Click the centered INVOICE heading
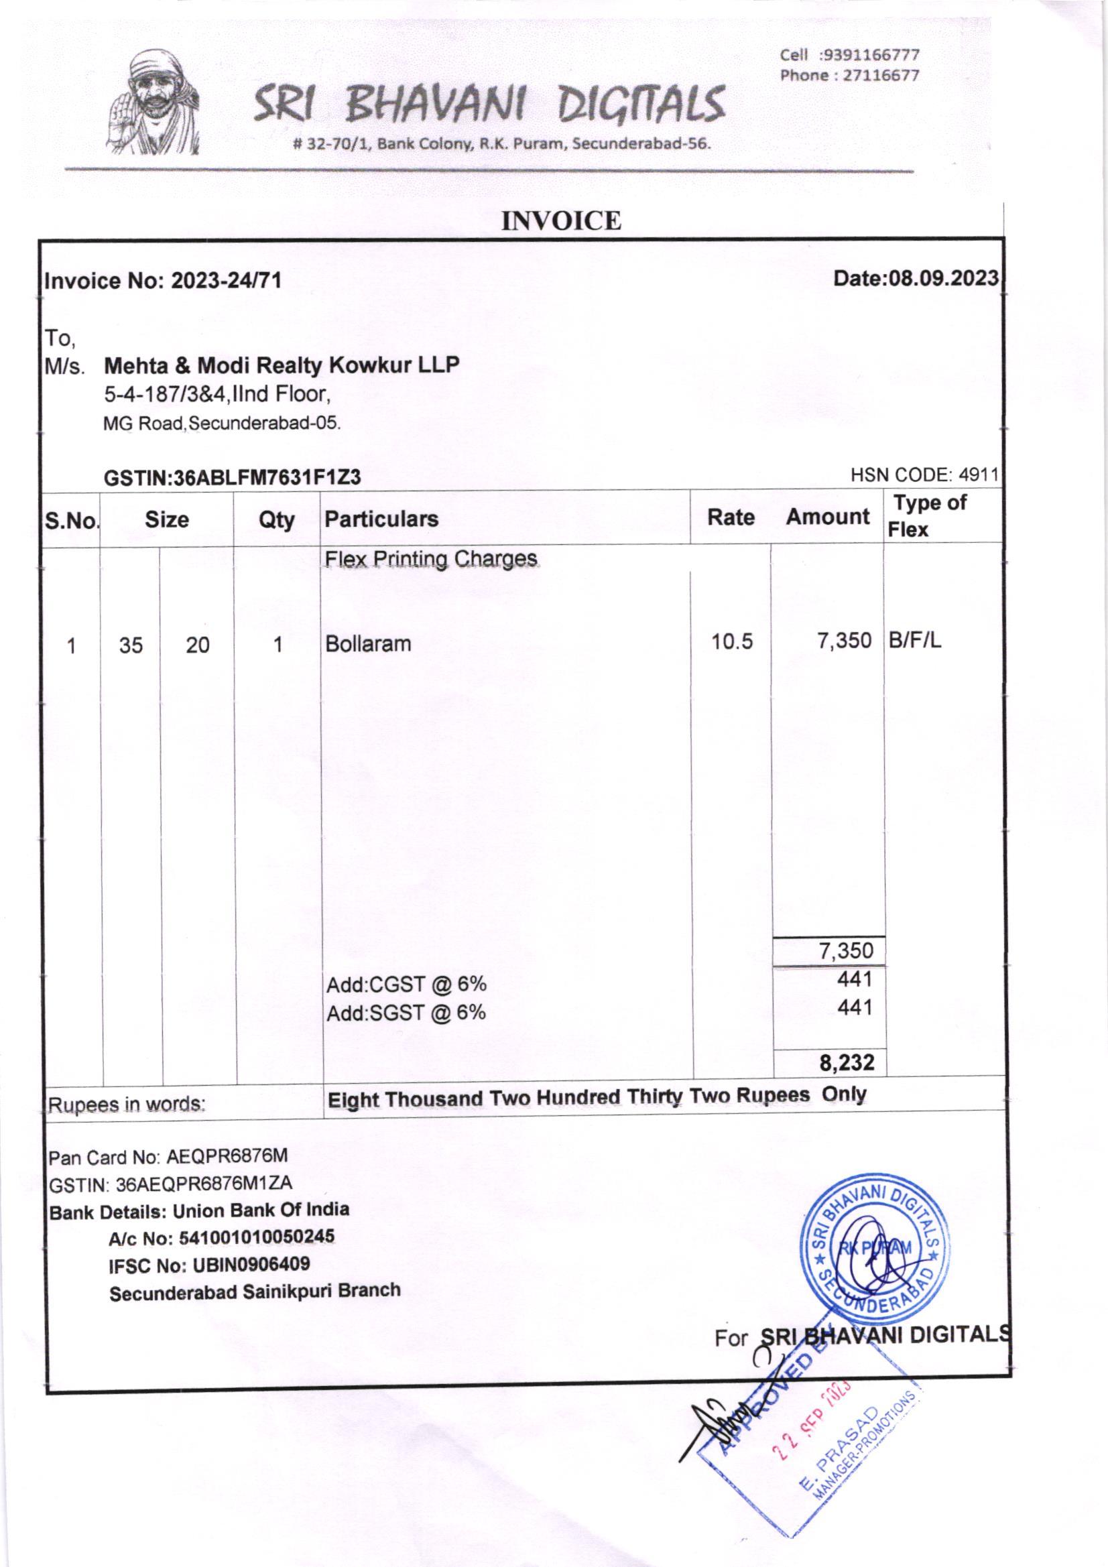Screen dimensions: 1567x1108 [x=561, y=221]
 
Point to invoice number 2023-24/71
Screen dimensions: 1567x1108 [x=225, y=281]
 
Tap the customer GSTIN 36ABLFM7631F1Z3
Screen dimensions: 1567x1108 [x=266, y=479]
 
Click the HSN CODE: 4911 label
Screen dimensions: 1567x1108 [x=924, y=475]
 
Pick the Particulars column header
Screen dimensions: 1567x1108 [x=381, y=519]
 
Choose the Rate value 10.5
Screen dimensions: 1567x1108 [x=732, y=642]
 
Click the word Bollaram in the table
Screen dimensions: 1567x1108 [x=369, y=643]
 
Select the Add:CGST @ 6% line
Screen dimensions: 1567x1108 [x=406, y=985]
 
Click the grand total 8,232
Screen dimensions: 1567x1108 [x=847, y=1062]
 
